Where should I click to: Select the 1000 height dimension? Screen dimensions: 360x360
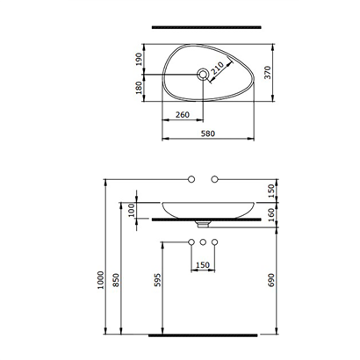click(x=102, y=280)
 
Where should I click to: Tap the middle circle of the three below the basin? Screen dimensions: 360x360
click(x=203, y=241)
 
